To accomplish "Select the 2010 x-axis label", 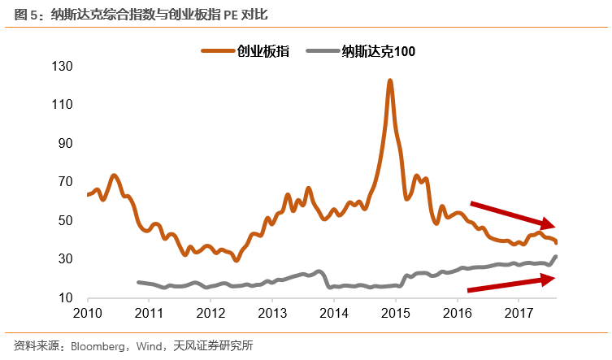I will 87,313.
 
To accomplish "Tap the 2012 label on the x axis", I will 211,313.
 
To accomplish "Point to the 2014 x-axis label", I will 334,313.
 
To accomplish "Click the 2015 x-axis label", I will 396,313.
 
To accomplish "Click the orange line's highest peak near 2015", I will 390,80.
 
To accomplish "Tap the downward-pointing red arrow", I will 513,214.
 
